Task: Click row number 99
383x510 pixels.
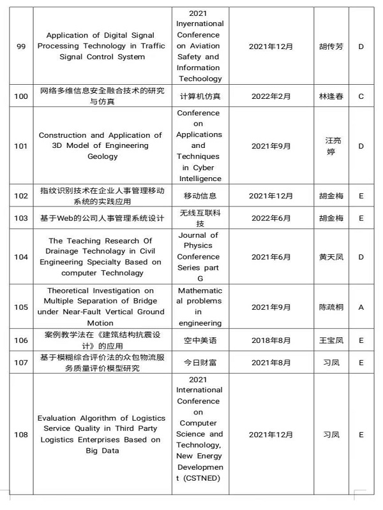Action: (20, 47)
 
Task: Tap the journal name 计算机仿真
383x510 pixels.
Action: (198, 96)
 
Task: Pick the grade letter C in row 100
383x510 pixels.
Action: (361, 96)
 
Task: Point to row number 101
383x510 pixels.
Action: (20, 146)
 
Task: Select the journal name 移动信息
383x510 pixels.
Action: (198, 196)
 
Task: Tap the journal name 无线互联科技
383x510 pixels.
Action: (198, 218)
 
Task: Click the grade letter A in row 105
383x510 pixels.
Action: (361, 307)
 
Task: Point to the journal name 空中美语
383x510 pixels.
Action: (198, 341)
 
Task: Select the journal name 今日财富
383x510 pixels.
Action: (198, 363)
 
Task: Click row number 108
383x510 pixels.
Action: (20, 435)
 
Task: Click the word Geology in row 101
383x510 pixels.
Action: (100, 157)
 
